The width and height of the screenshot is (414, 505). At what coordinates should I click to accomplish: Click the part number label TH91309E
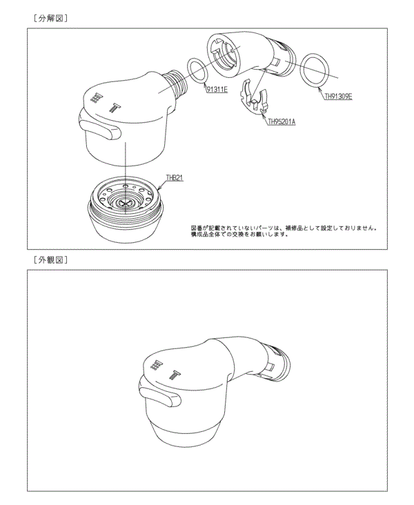338,97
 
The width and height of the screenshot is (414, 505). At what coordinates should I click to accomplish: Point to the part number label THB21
173,178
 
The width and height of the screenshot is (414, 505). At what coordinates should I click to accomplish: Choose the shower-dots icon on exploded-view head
97,99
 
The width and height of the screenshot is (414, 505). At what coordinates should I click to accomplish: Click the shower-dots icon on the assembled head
157,365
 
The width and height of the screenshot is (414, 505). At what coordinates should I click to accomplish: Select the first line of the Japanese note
283,227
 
